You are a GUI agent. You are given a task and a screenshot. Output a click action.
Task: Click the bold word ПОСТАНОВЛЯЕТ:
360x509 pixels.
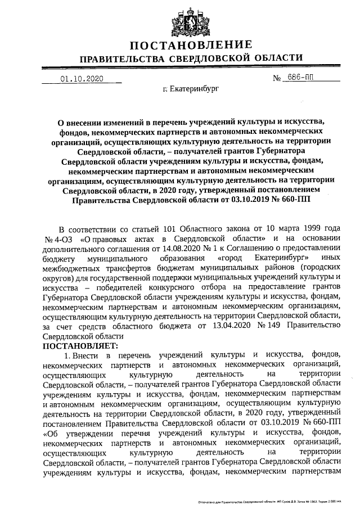pos(80,345)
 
